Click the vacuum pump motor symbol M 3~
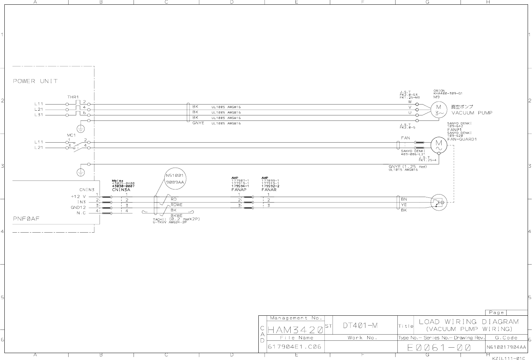[x=439, y=110]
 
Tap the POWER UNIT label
[x=35, y=81]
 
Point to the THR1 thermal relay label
[x=73, y=97]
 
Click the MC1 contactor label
[x=71, y=135]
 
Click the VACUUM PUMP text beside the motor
[x=472, y=113]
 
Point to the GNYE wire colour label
[x=198, y=123]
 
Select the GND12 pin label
[x=78, y=208]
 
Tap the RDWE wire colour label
[x=176, y=205]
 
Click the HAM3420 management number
[x=295, y=330]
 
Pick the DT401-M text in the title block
[x=360, y=326]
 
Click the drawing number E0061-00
[x=439, y=347]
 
